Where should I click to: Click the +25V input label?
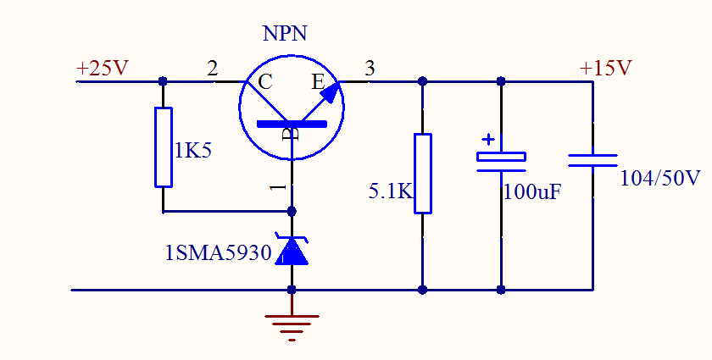tap(102, 69)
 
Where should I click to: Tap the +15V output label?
tap(605, 69)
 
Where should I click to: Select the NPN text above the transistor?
tap(285, 34)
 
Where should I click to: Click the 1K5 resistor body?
tap(164, 147)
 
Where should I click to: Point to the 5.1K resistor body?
tap(422, 173)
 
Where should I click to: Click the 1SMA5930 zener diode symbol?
tap(292, 251)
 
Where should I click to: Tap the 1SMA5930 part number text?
tap(220, 252)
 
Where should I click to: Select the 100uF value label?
tap(532, 191)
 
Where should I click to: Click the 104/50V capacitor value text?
tap(660, 179)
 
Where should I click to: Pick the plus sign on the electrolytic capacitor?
tap(488, 139)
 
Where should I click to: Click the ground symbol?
tap(292, 326)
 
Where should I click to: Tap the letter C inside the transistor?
tap(265, 82)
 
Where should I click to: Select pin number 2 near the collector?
tap(212, 69)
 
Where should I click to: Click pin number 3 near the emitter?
tap(370, 69)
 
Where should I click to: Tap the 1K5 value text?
tap(192, 151)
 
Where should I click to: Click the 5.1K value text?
tap(390, 191)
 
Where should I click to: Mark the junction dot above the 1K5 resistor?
tap(164, 81)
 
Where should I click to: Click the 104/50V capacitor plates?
tap(592, 160)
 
